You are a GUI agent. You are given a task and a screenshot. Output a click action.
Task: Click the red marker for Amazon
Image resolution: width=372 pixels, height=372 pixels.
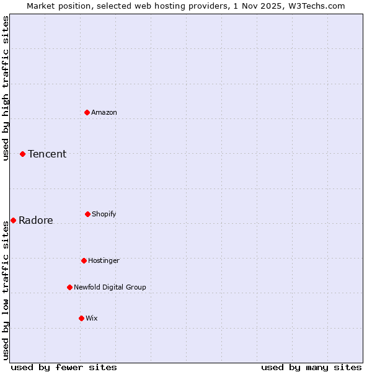click(87, 112)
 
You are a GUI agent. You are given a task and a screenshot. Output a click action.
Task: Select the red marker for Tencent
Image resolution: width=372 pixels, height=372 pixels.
click(22, 154)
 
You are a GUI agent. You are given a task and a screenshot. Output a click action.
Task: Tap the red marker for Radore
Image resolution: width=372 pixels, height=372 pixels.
click(13, 220)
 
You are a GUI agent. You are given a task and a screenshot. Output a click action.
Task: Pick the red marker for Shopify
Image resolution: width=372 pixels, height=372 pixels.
click(87, 214)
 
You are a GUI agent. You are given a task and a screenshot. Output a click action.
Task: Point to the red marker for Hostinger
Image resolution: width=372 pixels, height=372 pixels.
click(84, 260)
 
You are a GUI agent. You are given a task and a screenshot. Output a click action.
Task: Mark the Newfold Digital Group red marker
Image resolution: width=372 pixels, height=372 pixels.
click(69, 287)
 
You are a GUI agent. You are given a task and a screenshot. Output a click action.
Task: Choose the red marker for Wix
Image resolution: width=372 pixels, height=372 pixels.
click(81, 318)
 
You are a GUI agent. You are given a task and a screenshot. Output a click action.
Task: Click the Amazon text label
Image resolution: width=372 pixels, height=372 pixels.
click(104, 112)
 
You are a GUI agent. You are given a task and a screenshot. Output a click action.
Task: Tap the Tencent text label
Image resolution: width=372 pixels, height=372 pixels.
click(47, 154)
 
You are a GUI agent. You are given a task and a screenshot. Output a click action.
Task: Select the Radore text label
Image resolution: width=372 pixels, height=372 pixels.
click(36, 220)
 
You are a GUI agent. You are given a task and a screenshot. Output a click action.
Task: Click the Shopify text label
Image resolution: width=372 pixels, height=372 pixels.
click(104, 214)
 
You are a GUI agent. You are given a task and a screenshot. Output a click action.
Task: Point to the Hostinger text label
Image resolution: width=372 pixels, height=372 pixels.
click(104, 260)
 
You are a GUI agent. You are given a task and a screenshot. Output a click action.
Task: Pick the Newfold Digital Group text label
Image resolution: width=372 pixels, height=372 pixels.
click(110, 287)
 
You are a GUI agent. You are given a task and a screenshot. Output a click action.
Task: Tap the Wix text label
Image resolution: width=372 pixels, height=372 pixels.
click(92, 318)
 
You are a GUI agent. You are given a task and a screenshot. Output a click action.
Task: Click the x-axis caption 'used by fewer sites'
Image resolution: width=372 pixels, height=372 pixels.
click(64, 367)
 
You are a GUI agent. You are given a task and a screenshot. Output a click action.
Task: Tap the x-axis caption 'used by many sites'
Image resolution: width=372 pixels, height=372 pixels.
click(311, 367)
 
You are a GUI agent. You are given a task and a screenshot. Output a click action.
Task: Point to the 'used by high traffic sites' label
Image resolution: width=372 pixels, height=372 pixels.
click(6, 88)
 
